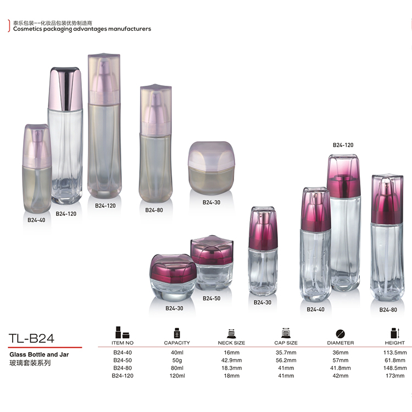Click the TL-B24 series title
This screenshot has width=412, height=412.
[x=31, y=338]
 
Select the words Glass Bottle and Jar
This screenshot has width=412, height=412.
[x=39, y=354]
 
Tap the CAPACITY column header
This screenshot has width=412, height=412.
[x=177, y=343]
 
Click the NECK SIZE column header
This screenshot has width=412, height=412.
[x=231, y=343]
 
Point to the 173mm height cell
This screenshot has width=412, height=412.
[x=395, y=376]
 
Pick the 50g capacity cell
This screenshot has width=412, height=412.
[x=177, y=360]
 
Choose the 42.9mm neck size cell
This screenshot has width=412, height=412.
[x=231, y=360]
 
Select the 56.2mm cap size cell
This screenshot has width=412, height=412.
[x=286, y=360]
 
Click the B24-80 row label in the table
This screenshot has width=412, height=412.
[x=123, y=368]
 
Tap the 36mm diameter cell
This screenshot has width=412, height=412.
[x=340, y=353]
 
